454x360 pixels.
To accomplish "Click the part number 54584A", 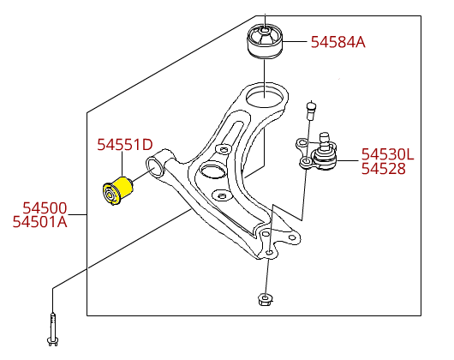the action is pos(338,42).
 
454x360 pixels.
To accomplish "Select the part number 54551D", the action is pos(125,145).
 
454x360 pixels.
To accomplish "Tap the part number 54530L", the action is pos(388,154).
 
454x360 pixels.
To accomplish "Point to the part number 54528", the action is pos(384,169).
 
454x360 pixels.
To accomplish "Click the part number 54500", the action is pos(45,208).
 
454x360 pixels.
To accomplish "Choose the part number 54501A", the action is pos(40,222).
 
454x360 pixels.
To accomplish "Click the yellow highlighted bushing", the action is pos(118,191).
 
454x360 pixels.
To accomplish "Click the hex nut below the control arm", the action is pos(265,299).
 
